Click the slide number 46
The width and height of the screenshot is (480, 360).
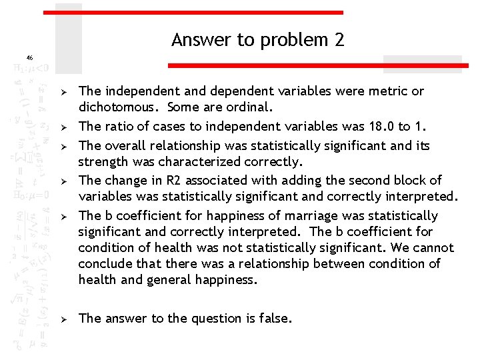click(x=29, y=57)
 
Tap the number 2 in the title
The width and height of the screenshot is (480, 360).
click(x=339, y=40)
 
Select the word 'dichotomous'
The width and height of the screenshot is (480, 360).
click(x=119, y=107)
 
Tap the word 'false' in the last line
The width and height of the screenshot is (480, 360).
click(x=273, y=319)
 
